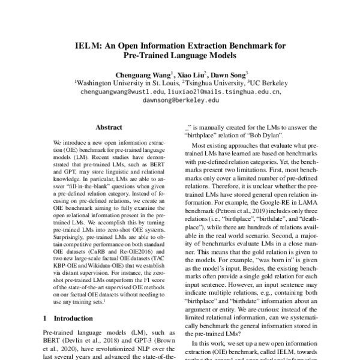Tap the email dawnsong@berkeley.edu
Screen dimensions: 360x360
(181, 101)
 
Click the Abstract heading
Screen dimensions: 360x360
(109, 128)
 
